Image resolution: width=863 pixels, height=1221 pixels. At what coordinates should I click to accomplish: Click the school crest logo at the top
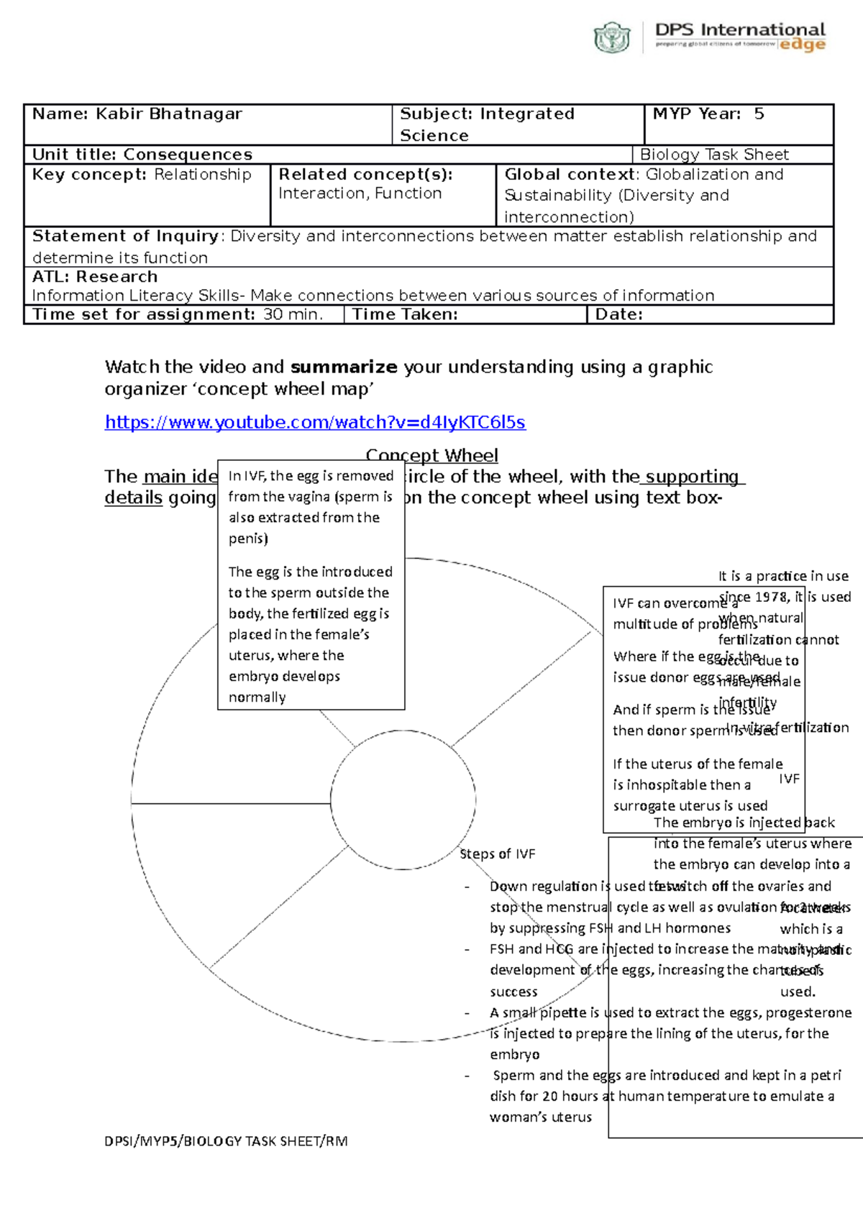tap(612, 37)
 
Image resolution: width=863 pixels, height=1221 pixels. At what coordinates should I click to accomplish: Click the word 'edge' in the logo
tap(803, 45)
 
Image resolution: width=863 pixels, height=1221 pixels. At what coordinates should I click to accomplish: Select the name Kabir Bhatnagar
tap(169, 114)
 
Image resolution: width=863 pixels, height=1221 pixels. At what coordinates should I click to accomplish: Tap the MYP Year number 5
tap(759, 114)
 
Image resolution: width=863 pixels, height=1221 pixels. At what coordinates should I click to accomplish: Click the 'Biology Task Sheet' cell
tap(714, 155)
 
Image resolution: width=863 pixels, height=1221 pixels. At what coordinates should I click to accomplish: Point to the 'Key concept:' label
tap(89, 174)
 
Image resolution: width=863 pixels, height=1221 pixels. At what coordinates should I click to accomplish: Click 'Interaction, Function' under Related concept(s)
tap(360, 193)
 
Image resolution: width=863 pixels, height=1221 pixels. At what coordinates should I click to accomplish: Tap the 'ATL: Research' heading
tap(94, 277)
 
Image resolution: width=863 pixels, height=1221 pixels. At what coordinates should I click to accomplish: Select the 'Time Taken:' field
tap(405, 314)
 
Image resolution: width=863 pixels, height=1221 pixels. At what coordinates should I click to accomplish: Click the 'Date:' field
tap(618, 314)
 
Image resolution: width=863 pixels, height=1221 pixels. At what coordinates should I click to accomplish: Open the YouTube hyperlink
tap(315, 422)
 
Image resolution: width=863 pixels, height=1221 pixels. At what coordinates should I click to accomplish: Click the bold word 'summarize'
tap(344, 367)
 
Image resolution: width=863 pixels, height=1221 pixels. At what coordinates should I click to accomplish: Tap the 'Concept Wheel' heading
tap(431, 454)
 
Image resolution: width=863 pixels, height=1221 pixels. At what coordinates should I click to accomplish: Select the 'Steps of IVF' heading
tap(498, 854)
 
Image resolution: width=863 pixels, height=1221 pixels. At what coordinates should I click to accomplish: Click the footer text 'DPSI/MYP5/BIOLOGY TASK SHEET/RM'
tap(226, 1140)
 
